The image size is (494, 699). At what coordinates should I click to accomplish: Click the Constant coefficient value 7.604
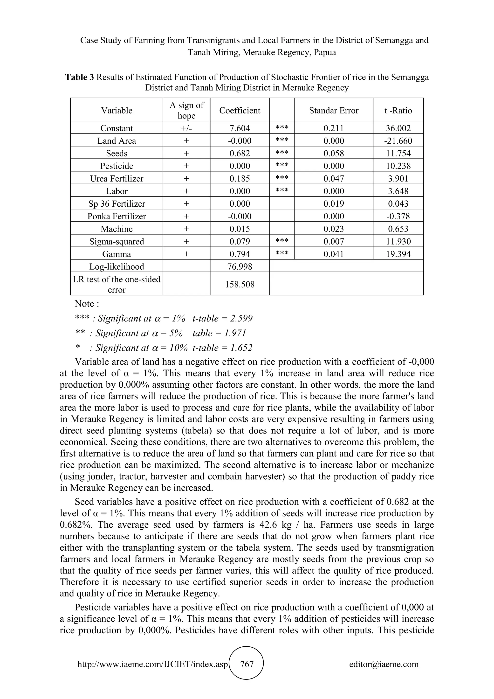(240, 128)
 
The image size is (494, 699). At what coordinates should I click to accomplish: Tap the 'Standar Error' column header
(333, 110)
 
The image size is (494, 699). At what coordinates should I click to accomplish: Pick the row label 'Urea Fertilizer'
(117, 179)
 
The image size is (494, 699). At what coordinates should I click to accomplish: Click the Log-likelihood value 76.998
(240, 267)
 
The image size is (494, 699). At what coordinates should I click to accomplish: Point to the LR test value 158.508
(240, 285)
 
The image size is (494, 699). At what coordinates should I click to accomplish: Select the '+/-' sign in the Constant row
(186, 128)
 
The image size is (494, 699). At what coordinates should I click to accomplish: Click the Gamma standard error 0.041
(333, 254)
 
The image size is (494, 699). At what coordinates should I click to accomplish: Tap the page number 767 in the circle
(247, 664)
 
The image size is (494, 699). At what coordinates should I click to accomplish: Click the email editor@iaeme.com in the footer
(384, 664)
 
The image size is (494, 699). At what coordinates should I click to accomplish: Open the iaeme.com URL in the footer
(152, 664)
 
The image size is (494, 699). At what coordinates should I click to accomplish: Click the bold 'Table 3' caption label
(79, 77)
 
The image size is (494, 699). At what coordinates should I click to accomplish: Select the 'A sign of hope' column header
(186, 110)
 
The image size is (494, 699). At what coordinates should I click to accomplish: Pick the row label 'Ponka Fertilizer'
(117, 217)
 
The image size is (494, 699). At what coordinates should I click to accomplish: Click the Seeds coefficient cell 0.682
(240, 154)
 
